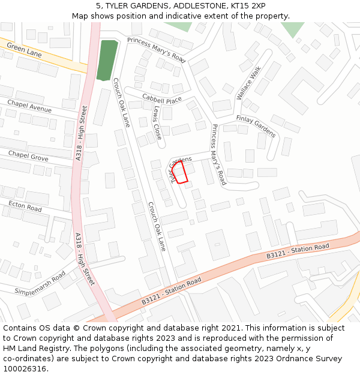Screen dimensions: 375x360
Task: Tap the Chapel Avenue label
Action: [29, 106]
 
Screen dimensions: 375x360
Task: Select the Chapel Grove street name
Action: [28, 156]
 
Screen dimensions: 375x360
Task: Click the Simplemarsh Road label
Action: [40, 283]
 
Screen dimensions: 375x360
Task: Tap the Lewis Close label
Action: [157, 123]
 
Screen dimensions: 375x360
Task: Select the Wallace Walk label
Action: [249, 82]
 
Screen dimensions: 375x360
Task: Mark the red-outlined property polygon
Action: [181, 172]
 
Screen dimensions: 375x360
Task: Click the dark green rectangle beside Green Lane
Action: [107, 60]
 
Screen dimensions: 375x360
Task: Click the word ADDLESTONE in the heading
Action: [193, 5]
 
